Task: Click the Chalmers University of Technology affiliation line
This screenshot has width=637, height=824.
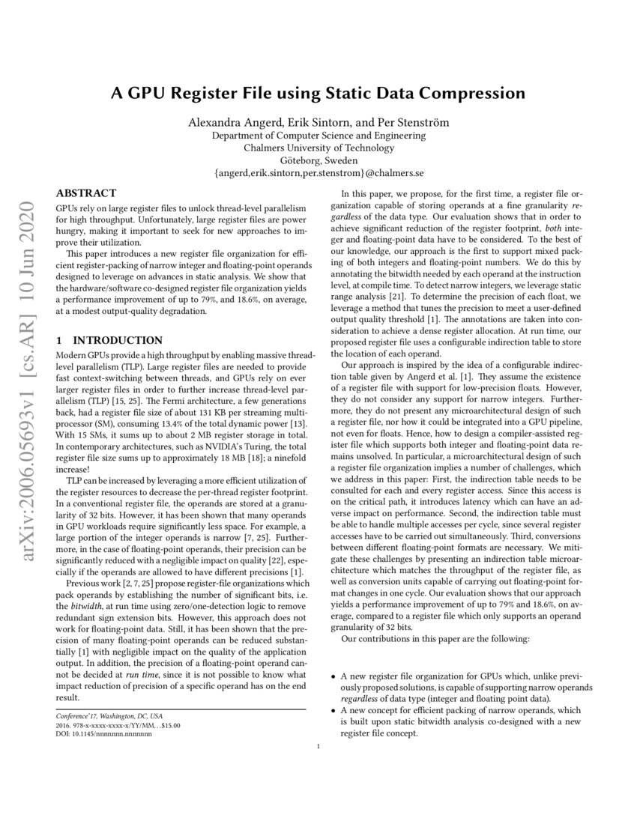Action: [x=318, y=148]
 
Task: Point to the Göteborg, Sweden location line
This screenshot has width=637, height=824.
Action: [x=318, y=160]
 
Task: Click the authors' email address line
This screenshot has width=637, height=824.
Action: [x=318, y=172]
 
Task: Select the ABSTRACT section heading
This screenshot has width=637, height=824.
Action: [x=86, y=193]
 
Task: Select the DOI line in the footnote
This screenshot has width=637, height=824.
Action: [x=104, y=734]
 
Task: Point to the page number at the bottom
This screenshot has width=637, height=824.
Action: [x=318, y=746]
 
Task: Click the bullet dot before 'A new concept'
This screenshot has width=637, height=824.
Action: [x=334, y=709]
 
